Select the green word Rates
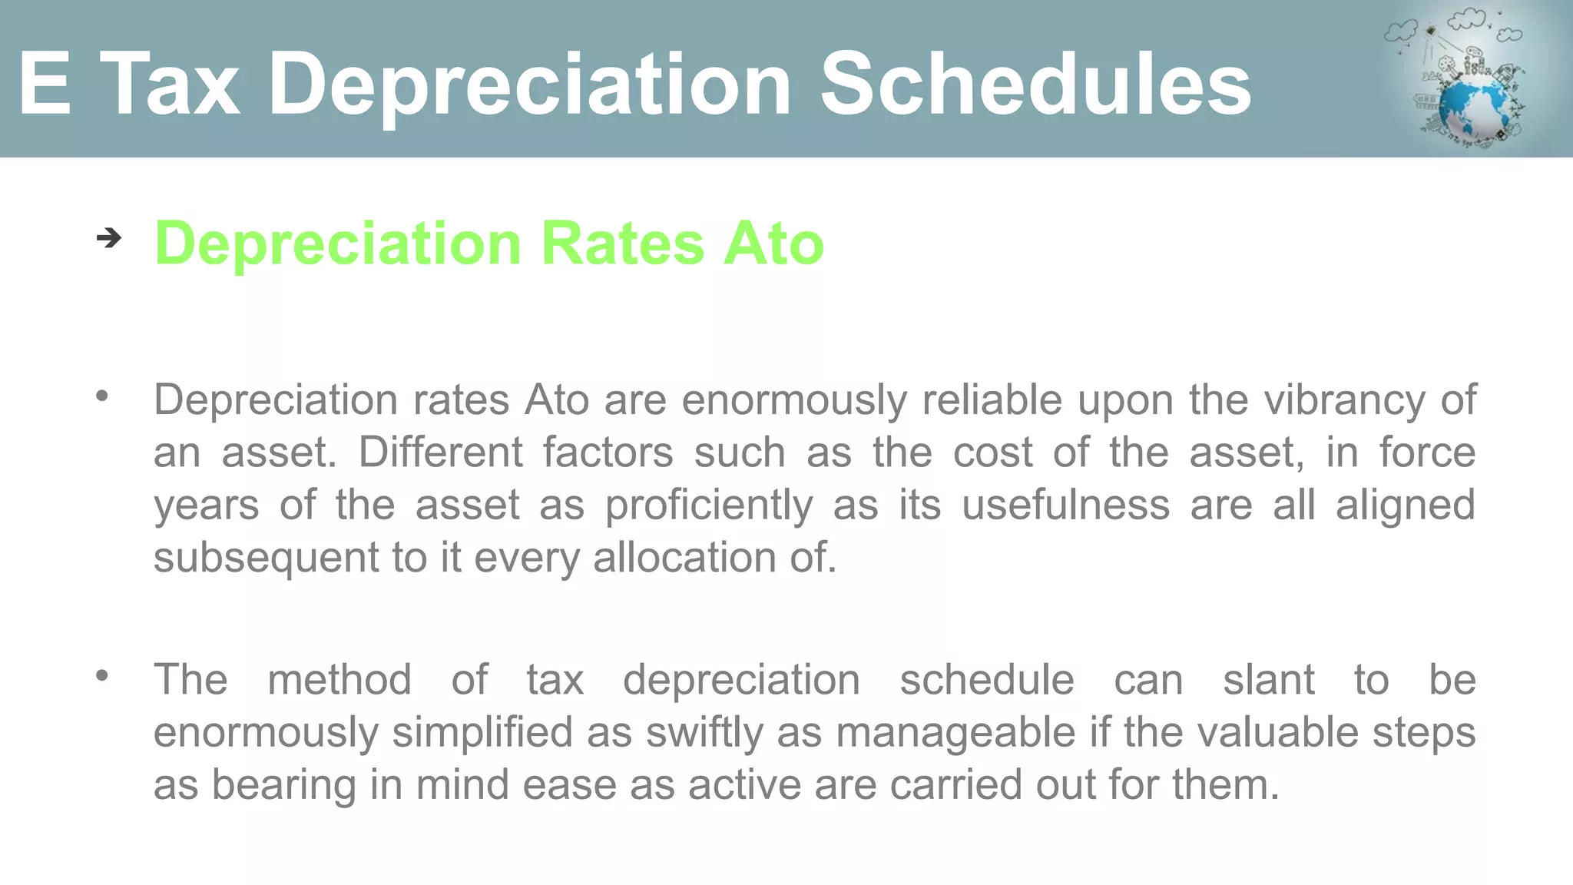pos(622,244)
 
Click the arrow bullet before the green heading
pos(109,238)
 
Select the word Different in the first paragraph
pos(440,452)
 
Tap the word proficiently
pos(709,505)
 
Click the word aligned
pos(1405,505)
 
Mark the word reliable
pos(992,399)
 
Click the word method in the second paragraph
pos(339,679)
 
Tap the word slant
pos(1268,679)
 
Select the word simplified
pos(482,732)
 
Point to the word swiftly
pos(704,732)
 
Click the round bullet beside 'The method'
pos(102,675)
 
